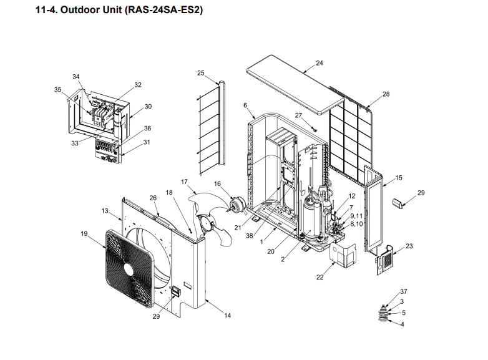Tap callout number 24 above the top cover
click(x=320, y=63)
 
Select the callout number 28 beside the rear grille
click(x=386, y=94)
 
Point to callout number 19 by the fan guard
click(x=84, y=234)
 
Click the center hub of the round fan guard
click(x=128, y=268)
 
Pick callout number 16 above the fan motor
click(x=218, y=183)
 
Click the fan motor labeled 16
click(x=236, y=205)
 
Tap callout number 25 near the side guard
click(x=201, y=73)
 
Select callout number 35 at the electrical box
click(x=57, y=90)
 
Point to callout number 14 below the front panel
click(x=227, y=316)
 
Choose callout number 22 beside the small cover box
click(x=320, y=277)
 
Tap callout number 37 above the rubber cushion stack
click(x=404, y=292)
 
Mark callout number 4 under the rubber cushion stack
click(x=402, y=324)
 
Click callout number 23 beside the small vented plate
click(x=409, y=246)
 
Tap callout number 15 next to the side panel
click(x=399, y=178)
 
